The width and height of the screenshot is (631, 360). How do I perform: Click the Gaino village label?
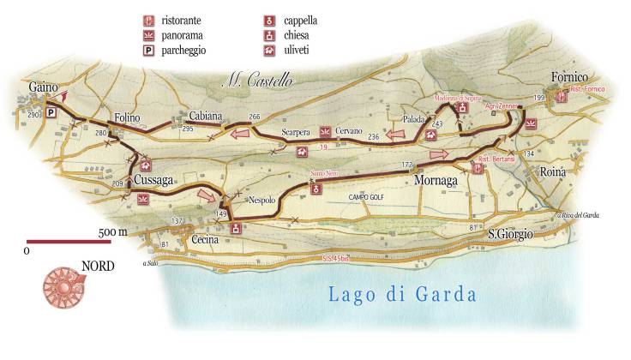[x=42, y=87]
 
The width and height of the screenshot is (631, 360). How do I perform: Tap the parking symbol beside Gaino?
[x=51, y=112]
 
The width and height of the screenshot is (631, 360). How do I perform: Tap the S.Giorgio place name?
[x=511, y=233]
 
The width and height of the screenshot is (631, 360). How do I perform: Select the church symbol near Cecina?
[x=236, y=228]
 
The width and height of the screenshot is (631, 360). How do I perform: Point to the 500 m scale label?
[x=111, y=232]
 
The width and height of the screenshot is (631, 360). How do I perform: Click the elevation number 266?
[x=254, y=117]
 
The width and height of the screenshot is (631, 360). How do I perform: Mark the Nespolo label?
[x=261, y=200]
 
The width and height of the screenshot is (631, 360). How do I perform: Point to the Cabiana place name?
[x=206, y=116]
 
